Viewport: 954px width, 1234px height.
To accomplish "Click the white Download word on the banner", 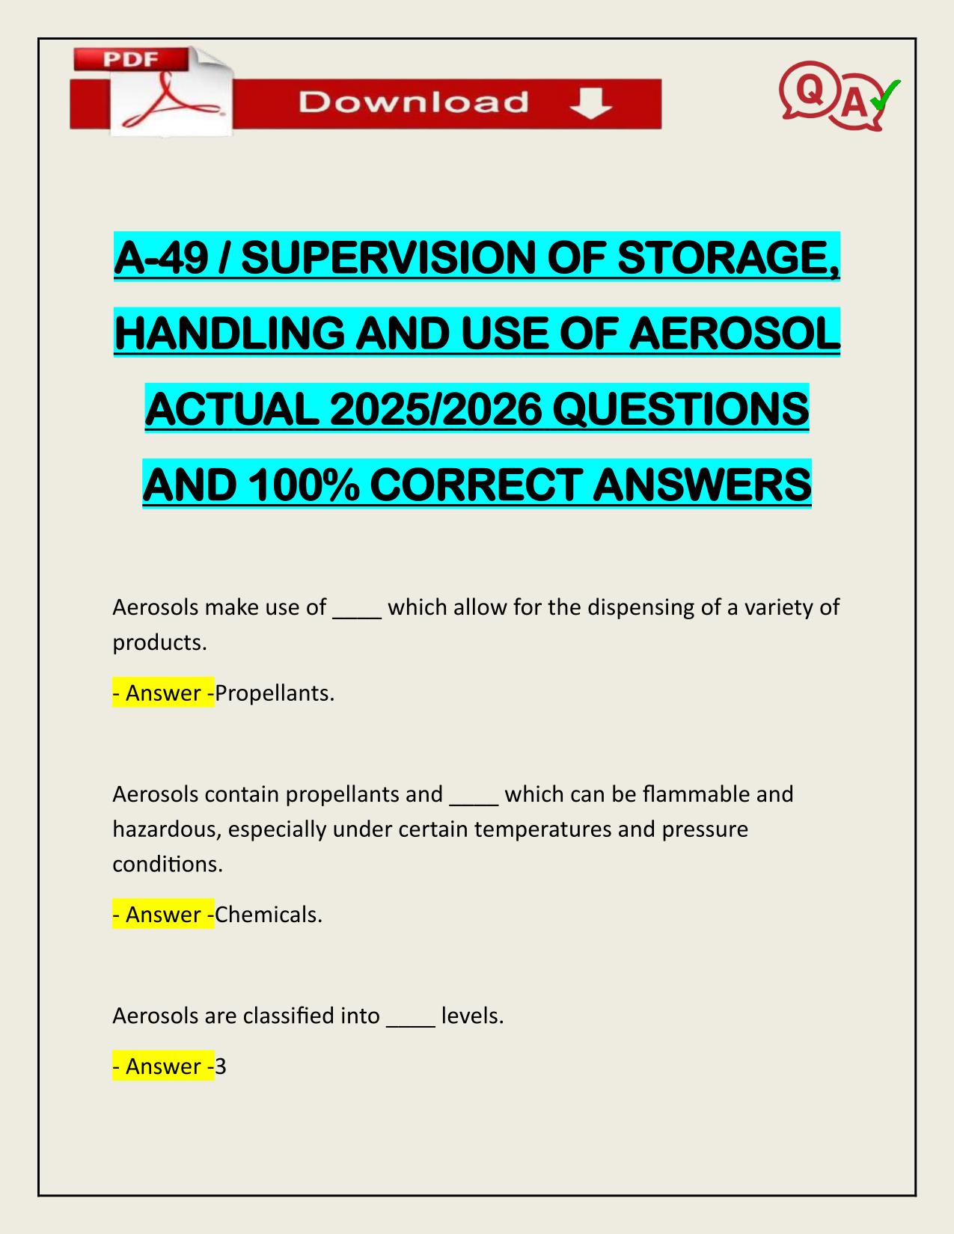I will click(413, 102).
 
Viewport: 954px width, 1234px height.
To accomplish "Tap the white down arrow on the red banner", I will click(591, 103).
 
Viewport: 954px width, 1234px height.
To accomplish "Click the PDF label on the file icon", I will click(130, 59).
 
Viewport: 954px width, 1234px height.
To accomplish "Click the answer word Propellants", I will click(273, 693).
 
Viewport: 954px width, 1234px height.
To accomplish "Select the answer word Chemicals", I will click(268, 915).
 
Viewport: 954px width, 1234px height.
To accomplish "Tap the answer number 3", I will click(221, 1066).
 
